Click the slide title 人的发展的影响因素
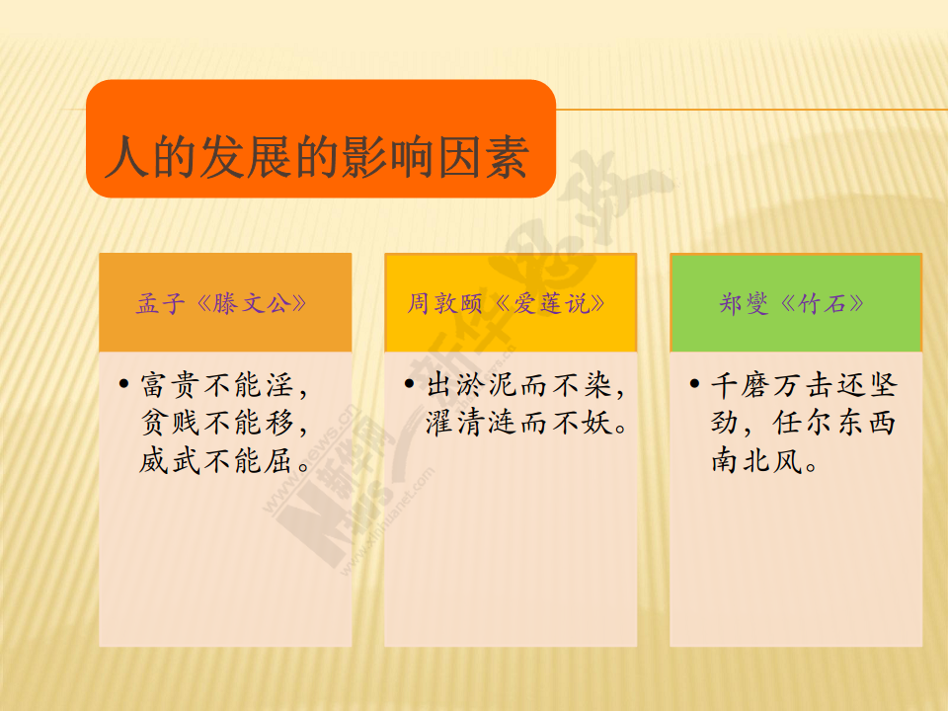317,157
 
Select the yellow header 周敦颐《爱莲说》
507,303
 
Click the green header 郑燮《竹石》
792,303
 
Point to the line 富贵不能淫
224,385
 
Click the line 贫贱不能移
224,423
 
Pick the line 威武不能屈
224,461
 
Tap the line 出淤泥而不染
525,385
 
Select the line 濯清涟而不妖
526,423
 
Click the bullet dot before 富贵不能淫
124,383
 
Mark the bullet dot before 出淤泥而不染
409,383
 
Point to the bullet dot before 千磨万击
694,383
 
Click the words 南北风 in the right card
757,461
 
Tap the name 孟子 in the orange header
160,303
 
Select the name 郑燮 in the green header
744,303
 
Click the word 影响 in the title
389,157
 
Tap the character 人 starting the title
127,157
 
